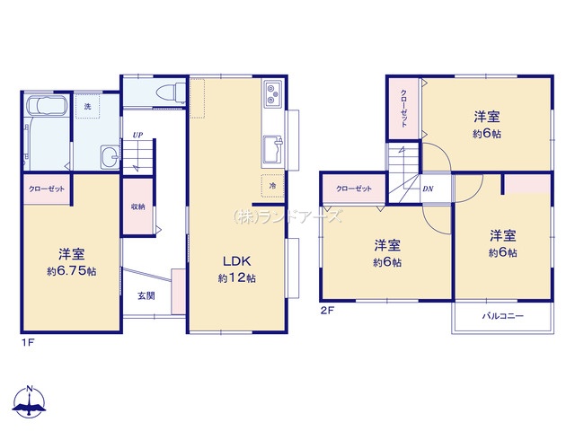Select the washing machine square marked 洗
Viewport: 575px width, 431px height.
click(x=87, y=106)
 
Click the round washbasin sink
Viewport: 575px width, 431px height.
click(x=110, y=157)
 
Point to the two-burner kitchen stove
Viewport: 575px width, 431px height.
click(x=272, y=93)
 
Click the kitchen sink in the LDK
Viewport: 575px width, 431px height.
click(x=273, y=149)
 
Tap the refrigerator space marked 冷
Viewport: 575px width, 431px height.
click(x=272, y=186)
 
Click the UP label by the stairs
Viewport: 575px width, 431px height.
click(x=137, y=135)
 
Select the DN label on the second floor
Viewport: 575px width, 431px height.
click(x=428, y=189)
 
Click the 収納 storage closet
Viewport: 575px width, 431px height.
click(x=137, y=207)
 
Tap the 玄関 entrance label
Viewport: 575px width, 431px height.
click(x=146, y=295)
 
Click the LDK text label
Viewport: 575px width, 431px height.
click(x=237, y=261)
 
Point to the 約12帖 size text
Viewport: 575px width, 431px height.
click(x=237, y=278)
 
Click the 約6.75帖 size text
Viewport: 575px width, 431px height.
click(x=72, y=271)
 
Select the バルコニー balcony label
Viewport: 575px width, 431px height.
click(x=503, y=315)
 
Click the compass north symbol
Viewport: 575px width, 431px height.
click(x=30, y=401)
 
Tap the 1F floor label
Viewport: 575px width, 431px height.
click(x=28, y=343)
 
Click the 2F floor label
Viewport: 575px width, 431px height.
click(x=327, y=311)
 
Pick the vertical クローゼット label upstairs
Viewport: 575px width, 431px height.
click(x=403, y=108)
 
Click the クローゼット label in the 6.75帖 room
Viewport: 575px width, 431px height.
click(x=47, y=189)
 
